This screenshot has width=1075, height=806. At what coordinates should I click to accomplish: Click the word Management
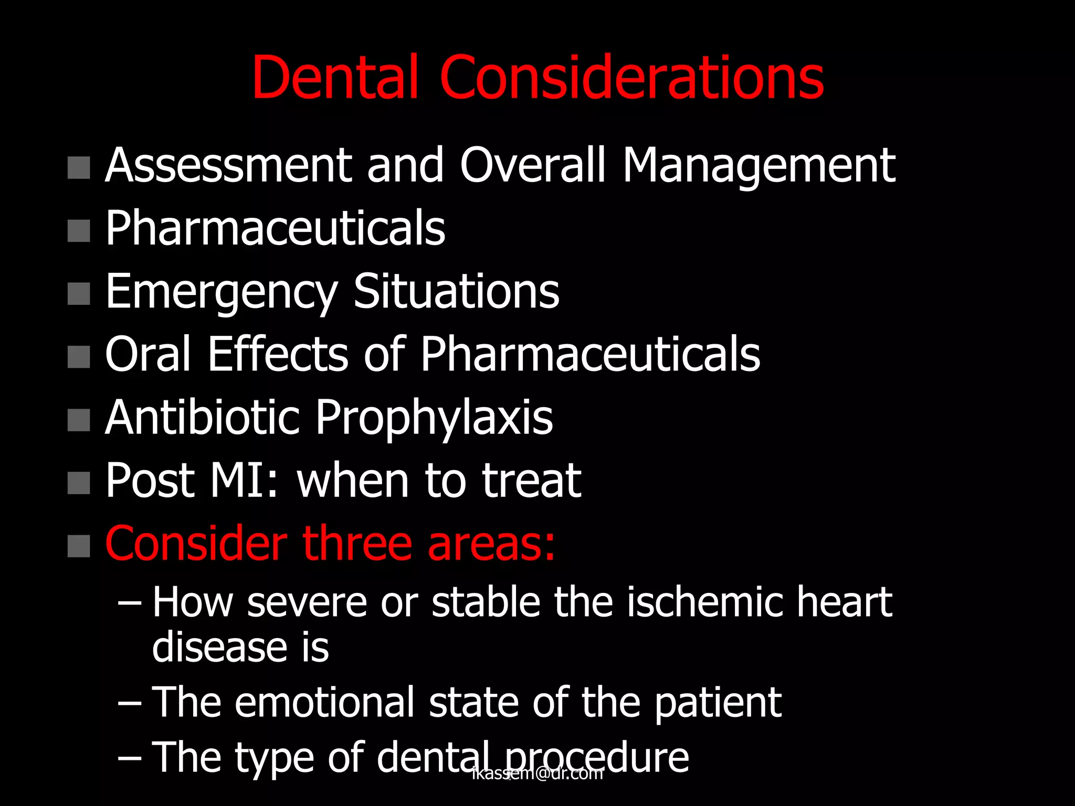click(758, 167)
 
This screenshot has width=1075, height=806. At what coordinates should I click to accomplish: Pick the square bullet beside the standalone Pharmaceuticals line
click(79, 231)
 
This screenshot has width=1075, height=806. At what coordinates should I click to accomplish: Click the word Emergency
click(221, 293)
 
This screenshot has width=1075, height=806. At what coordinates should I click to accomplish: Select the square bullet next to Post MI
click(79, 483)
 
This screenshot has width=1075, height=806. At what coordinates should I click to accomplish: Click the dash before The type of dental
click(129, 758)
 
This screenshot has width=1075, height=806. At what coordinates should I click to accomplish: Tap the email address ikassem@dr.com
click(537, 773)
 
